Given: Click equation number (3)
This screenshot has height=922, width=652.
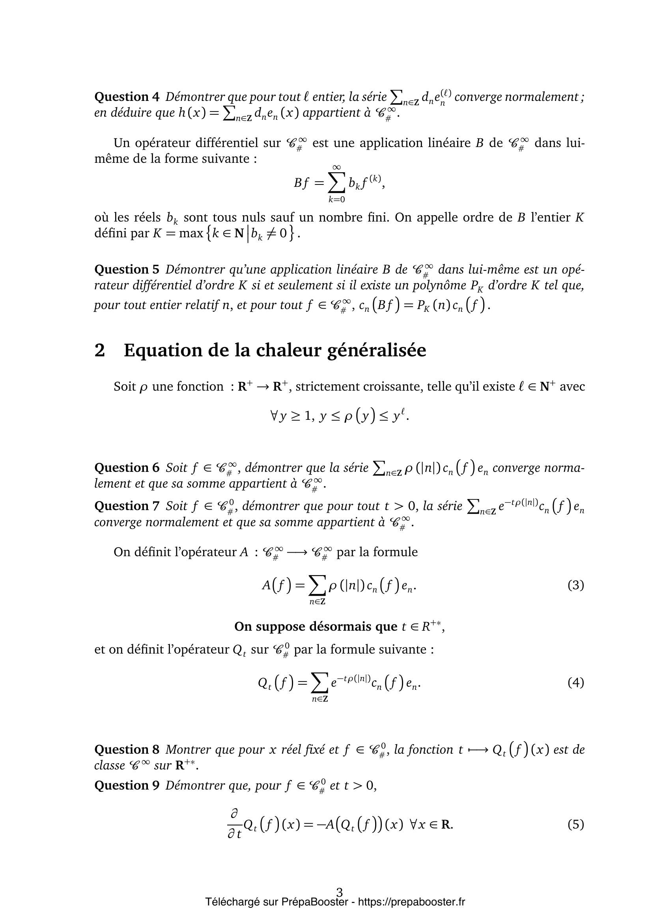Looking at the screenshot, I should (575, 585).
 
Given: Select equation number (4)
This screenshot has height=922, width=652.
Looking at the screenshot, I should (575, 682).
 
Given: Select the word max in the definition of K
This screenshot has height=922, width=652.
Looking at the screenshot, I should (191, 234).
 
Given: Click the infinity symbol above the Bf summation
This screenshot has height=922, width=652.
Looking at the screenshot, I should (336, 167).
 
